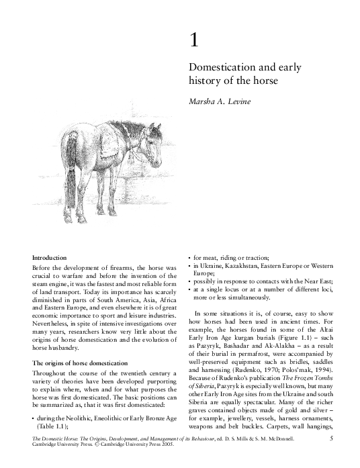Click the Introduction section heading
coord(50,258)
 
